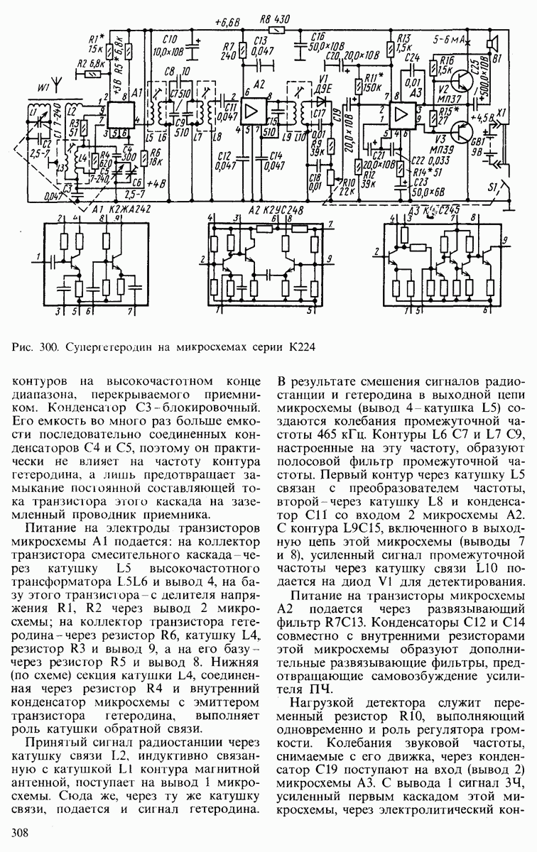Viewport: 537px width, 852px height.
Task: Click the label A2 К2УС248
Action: [267, 210]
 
